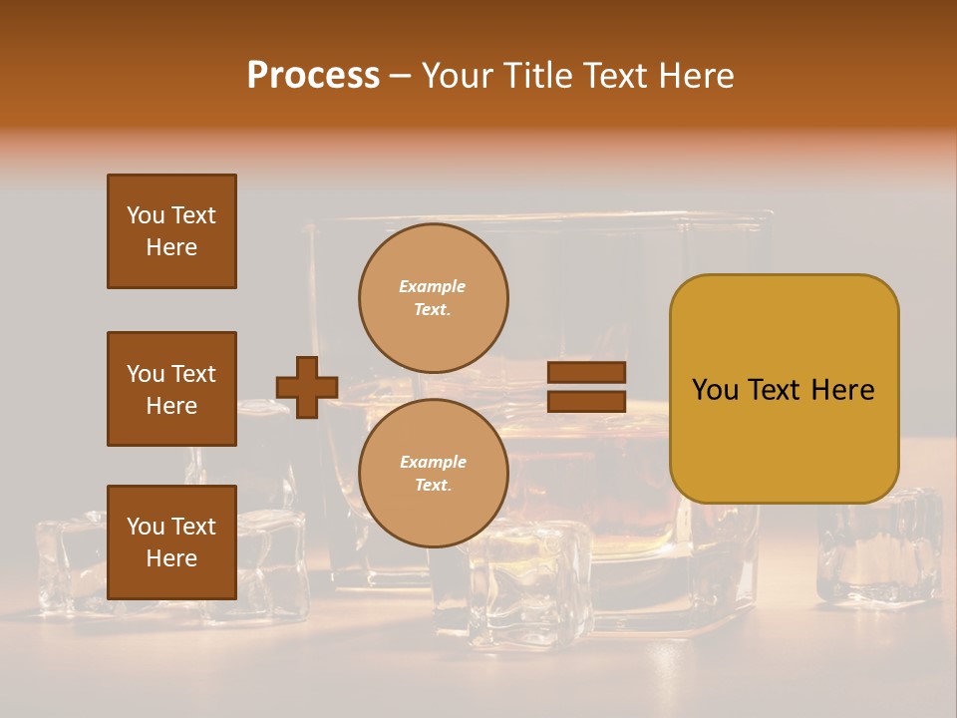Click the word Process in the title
click(313, 76)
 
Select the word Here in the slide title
click(694, 76)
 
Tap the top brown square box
click(171, 231)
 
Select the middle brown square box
click(171, 389)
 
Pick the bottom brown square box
click(171, 542)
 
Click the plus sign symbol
click(307, 387)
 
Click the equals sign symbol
click(587, 387)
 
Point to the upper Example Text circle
click(433, 297)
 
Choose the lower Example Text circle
click(433, 473)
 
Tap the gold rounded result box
click(784, 439)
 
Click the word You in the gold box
click(714, 390)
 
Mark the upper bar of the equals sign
click(587, 372)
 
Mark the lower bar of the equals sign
click(587, 401)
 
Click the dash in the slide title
click(400, 76)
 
